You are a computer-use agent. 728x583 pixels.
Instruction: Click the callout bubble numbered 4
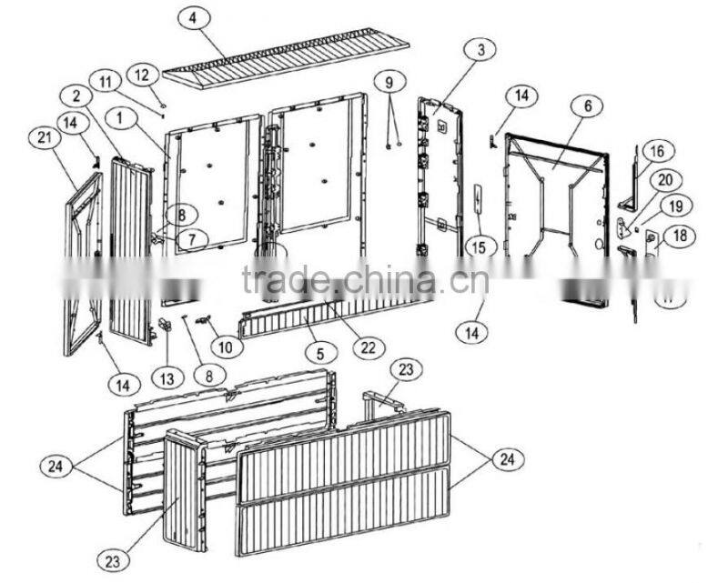(194, 18)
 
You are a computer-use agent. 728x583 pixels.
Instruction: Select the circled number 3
(480, 49)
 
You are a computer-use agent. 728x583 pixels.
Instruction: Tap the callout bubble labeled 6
(588, 106)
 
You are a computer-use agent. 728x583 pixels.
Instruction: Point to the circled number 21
(45, 137)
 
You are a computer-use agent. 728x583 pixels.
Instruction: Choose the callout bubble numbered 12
(143, 75)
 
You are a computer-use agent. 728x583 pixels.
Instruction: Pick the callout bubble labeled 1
(121, 118)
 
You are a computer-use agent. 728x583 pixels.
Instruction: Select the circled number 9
(389, 83)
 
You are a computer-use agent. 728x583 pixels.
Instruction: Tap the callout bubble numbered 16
(658, 152)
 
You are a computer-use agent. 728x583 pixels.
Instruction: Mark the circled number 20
(665, 180)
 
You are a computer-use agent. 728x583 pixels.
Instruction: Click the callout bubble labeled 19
(676, 206)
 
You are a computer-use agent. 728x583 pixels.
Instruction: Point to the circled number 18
(680, 236)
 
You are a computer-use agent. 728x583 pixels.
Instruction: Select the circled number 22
(369, 347)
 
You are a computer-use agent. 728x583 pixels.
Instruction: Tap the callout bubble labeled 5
(320, 354)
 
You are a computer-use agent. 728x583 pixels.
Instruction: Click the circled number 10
(226, 347)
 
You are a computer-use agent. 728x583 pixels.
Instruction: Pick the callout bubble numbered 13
(167, 378)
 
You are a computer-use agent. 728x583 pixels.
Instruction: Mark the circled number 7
(192, 239)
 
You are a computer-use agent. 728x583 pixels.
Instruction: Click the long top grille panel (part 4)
(286, 58)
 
